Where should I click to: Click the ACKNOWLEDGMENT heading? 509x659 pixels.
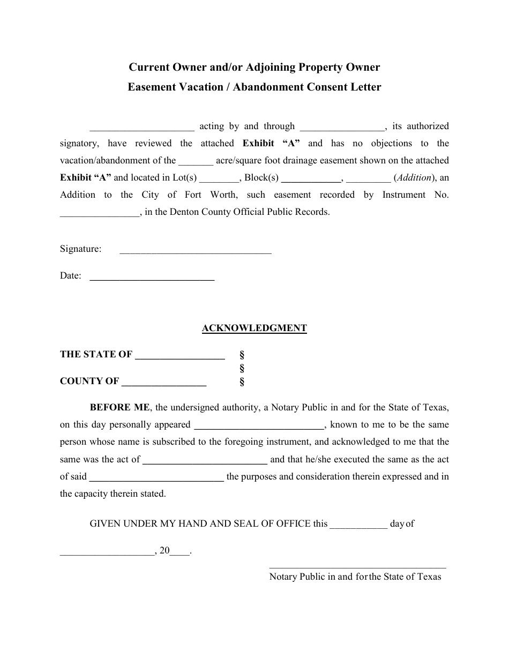coord(254,328)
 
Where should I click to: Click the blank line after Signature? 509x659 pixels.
coord(195,252)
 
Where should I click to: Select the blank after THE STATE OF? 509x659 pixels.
coord(179,357)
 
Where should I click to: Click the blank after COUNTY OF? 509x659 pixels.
coord(164,385)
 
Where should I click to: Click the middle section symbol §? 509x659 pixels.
coord(242,368)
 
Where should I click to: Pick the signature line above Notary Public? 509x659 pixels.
coord(357,566)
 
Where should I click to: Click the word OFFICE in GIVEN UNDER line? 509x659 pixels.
coord(294,524)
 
